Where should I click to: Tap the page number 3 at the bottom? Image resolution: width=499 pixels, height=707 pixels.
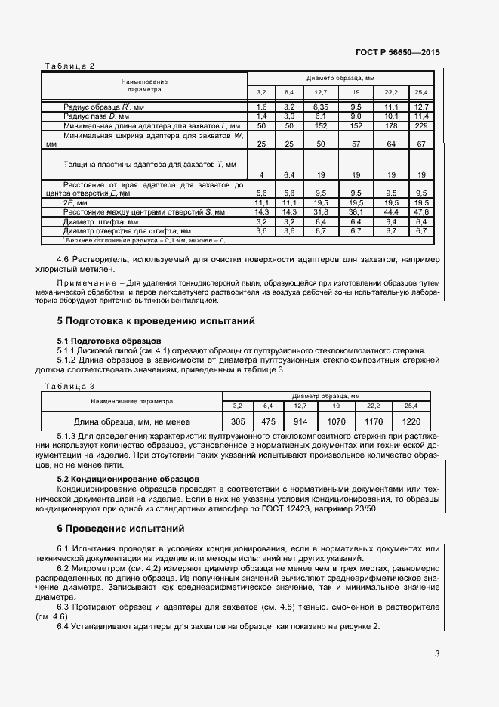click(437, 654)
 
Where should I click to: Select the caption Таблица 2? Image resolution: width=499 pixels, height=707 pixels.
click(69, 66)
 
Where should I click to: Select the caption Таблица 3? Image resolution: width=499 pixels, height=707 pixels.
click(69, 386)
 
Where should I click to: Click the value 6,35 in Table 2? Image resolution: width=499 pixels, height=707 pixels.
click(320, 107)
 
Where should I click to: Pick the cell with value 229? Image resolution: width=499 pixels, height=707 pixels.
click(421, 125)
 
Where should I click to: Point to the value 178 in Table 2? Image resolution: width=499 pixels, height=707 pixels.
click(390, 125)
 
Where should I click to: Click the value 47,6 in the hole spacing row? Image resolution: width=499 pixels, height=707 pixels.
click(421, 213)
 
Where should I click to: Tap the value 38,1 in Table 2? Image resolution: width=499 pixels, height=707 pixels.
click(356, 213)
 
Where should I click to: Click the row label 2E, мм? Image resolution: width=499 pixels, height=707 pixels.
click(76, 204)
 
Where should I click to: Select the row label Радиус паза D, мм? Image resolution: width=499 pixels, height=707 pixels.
click(100, 116)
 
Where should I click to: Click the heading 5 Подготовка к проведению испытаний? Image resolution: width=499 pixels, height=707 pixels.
click(156, 321)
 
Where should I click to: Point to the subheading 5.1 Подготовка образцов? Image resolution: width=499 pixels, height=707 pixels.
click(109, 341)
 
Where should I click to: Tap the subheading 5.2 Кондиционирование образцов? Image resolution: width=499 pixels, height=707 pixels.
click(128, 479)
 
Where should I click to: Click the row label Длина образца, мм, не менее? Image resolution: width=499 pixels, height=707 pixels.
click(131, 421)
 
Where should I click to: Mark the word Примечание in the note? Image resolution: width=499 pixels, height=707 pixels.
click(85, 283)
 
